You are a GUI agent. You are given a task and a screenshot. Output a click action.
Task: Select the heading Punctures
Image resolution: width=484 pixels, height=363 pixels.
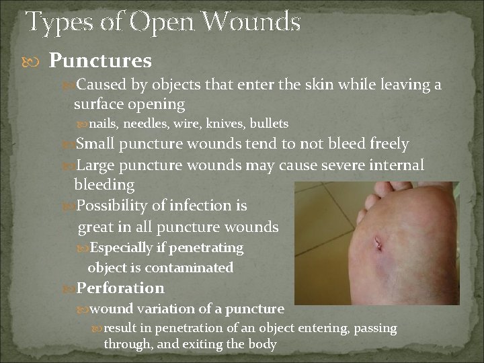100,61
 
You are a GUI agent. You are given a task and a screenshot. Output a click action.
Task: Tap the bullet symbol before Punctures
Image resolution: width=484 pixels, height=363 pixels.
37,62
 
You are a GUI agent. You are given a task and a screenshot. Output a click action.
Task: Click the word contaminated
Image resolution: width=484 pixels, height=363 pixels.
189,268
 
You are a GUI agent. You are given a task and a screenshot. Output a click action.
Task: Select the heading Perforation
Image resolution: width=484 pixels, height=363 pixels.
120,288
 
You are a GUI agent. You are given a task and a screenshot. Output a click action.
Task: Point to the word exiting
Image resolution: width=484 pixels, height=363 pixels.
201,344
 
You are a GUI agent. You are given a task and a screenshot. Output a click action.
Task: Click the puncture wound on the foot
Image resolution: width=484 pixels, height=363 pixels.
380,245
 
